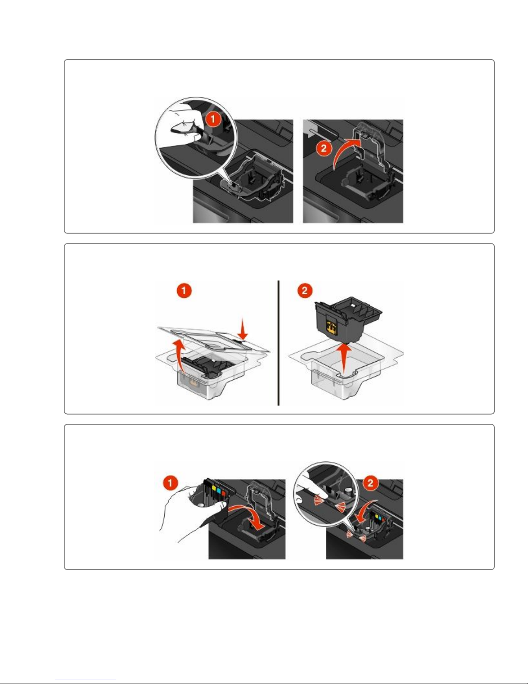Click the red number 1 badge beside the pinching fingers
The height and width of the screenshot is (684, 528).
213,119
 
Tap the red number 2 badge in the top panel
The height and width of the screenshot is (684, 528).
324,148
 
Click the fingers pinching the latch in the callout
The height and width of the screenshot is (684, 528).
182,126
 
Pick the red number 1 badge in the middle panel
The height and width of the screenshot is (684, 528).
184,290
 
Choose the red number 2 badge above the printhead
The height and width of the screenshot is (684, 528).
305,290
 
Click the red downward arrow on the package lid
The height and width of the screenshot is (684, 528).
242,329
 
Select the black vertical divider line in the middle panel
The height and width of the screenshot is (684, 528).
278,343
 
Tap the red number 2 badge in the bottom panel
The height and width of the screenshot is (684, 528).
370,482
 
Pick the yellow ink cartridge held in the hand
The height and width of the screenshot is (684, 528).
214,489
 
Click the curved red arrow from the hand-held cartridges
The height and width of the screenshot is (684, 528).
248,518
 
